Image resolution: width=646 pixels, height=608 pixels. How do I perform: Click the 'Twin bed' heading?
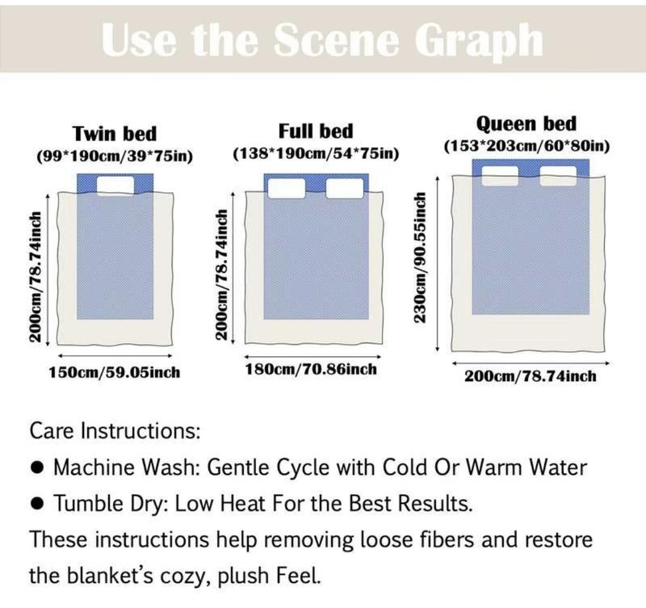pyautogui.click(x=115, y=134)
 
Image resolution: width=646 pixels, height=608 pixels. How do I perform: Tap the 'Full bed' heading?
pyautogui.click(x=316, y=132)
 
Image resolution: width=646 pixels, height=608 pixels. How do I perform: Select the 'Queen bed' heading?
pyautogui.click(x=526, y=124)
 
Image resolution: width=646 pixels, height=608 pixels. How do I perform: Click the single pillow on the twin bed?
pyautogui.click(x=115, y=186)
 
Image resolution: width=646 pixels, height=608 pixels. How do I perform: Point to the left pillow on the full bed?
pyautogui.click(x=287, y=188)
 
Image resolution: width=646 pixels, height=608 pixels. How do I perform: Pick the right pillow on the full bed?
pyautogui.click(x=345, y=188)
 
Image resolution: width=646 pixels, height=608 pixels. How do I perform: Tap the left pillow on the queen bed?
pyautogui.click(x=500, y=176)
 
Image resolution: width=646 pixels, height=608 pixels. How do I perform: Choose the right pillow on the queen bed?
pyautogui.click(x=558, y=176)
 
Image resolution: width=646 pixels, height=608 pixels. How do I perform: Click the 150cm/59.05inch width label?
pyautogui.click(x=115, y=372)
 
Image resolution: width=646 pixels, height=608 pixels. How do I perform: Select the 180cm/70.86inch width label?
pyautogui.click(x=311, y=369)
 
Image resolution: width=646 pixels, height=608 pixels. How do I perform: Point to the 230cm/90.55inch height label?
pyautogui.click(x=420, y=258)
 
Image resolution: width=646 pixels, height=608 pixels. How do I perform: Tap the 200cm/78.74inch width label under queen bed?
pyautogui.click(x=531, y=376)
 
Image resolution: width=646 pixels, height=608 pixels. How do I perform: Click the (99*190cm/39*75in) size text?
pyautogui.click(x=115, y=156)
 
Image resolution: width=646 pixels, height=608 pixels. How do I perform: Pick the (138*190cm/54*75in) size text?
pyautogui.click(x=316, y=153)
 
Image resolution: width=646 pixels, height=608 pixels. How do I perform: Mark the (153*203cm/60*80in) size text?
pyautogui.click(x=526, y=146)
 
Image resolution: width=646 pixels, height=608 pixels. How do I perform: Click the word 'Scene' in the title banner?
pyautogui.click(x=336, y=40)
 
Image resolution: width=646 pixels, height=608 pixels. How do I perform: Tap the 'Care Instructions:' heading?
pyautogui.click(x=115, y=431)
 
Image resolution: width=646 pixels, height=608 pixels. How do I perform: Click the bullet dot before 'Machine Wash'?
pyautogui.click(x=37, y=468)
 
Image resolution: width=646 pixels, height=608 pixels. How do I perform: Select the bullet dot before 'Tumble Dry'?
pyautogui.click(x=37, y=503)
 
